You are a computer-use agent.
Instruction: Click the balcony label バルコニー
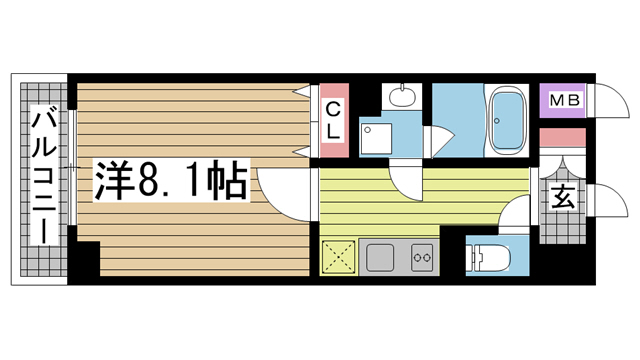(44, 176)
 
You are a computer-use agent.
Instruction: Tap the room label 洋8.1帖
(171, 180)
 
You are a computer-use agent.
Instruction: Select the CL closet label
(333, 120)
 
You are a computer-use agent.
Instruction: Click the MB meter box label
(564, 100)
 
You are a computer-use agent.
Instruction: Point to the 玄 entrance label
(564, 197)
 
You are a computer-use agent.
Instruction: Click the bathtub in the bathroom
(507, 120)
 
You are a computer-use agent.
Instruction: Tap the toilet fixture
(489, 258)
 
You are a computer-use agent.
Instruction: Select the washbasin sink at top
(402, 96)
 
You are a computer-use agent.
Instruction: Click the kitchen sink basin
(380, 258)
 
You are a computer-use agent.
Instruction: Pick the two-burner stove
(422, 258)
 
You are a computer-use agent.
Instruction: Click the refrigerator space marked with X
(338, 258)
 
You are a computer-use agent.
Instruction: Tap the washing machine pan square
(376, 139)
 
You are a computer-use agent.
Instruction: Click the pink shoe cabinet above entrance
(562, 137)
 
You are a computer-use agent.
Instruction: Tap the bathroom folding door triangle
(442, 140)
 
